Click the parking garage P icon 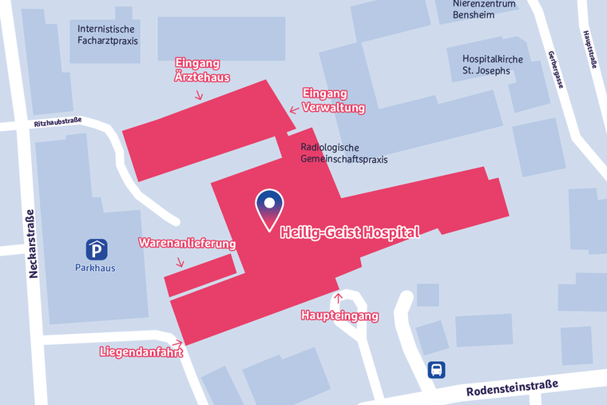coord(97,249)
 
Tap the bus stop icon coord(437,370)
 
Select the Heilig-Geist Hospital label coord(349,232)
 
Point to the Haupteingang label coord(339,316)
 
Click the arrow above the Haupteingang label coord(339,300)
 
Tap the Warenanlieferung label coord(187,243)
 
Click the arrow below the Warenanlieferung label coord(181,261)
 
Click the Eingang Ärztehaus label coord(202,70)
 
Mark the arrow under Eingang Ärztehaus coord(198,94)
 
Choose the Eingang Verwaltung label coord(333,101)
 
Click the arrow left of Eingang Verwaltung coord(294,110)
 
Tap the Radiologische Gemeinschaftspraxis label coord(343,153)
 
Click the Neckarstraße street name coord(33,243)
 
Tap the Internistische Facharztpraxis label coord(108,34)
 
